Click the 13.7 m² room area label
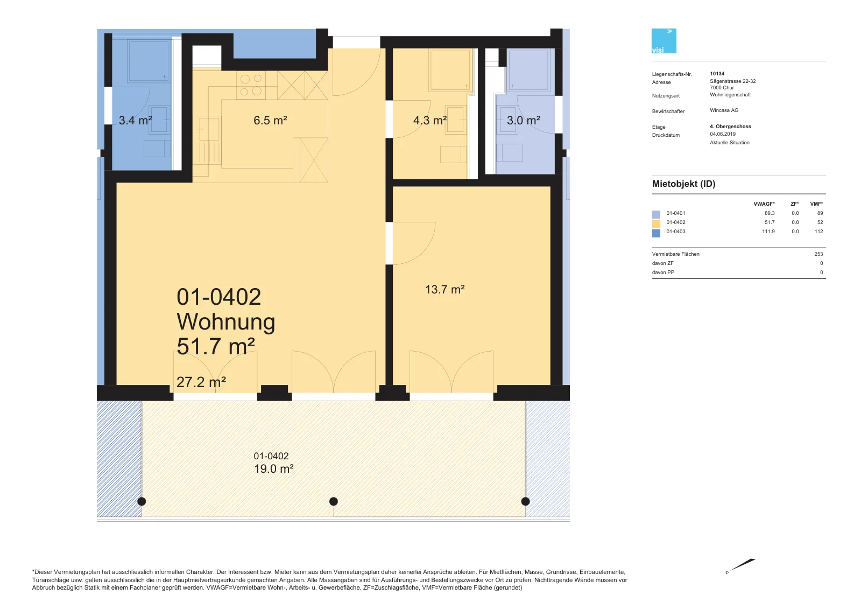pyautogui.click(x=444, y=289)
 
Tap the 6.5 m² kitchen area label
pyautogui.click(x=270, y=121)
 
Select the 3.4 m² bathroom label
pyautogui.click(x=135, y=121)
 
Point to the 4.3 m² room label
pyautogui.click(x=430, y=121)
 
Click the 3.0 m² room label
pyautogui.click(x=524, y=121)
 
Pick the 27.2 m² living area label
pyautogui.click(x=201, y=382)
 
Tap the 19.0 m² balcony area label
pyautogui.click(x=274, y=468)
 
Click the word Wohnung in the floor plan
pyautogui.click(x=226, y=321)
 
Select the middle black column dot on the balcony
pyautogui.click(x=334, y=501)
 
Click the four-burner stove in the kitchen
pyautogui.click(x=251, y=85)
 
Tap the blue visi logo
pyautogui.click(x=664, y=41)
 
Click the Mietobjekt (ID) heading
pyautogui.click(x=684, y=184)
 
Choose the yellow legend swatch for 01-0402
pyautogui.click(x=656, y=223)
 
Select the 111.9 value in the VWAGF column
pyautogui.click(x=768, y=232)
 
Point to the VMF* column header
pyautogui.click(x=816, y=204)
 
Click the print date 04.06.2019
pyautogui.click(x=723, y=134)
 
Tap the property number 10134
pyautogui.click(x=717, y=73)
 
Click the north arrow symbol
pyautogui.click(x=740, y=566)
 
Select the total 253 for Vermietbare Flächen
pyautogui.click(x=818, y=254)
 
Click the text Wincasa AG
pyautogui.click(x=724, y=110)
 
